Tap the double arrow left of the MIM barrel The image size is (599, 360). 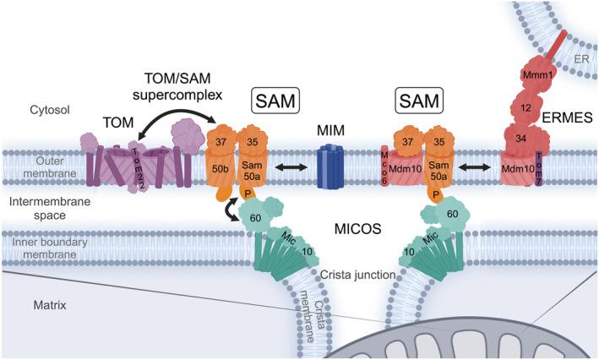(285, 167)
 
